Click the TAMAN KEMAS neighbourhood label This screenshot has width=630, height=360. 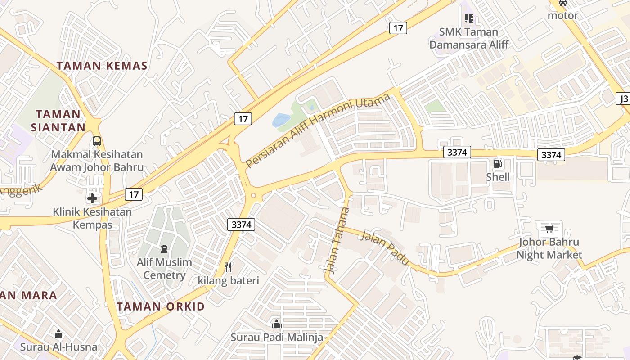pos(102,66)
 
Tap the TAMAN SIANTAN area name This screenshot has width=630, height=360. pos(58,121)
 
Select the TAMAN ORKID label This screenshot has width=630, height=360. pos(161,307)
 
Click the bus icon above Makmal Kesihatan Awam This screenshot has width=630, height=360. pos(97,141)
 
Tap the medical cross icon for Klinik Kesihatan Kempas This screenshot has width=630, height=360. pos(92,198)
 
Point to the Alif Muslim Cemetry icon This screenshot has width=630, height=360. pos(164,249)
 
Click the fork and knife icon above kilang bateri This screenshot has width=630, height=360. pos(229,267)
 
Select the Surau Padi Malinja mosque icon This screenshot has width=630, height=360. pos(276,324)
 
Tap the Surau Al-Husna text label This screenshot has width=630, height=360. pos(58,347)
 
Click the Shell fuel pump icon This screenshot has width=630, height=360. pos(497,164)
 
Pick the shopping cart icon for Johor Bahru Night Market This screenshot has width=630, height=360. pos(549,229)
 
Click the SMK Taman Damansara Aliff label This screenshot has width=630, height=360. pos(469,38)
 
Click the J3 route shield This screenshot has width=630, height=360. pos(624,99)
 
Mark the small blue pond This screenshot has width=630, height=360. pos(282,120)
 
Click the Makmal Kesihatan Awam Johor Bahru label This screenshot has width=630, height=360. pos(97,161)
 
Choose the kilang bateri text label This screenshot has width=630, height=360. pos(229,281)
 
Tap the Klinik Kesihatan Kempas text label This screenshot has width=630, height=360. pos(92,218)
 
